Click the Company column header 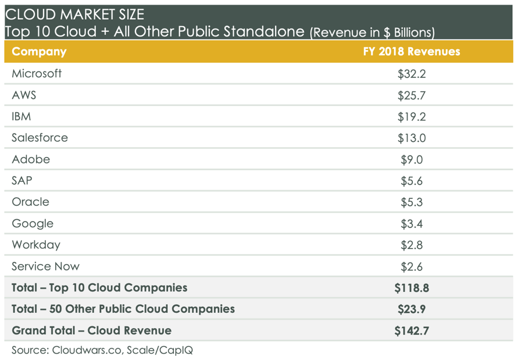tap(39, 51)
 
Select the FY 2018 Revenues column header tap(411, 51)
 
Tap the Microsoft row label tap(37, 74)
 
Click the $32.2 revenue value tap(412, 74)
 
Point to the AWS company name tap(24, 95)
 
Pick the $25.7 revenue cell tap(412, 95)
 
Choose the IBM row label tap(22, 116)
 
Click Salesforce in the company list tap(40, 138)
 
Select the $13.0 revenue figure tap(412, 138)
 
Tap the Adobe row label tap(31, 159)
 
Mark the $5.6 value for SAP tap(412, 181)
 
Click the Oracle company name tap(31, 202)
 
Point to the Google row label tap(33, 224)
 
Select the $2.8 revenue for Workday tap(412, 245)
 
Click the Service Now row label tap(45, 266)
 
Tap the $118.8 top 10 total tap(412, 287)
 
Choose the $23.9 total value tap(412, 309)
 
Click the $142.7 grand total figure tap(412, 330)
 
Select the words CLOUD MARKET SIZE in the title tap(74, 13)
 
